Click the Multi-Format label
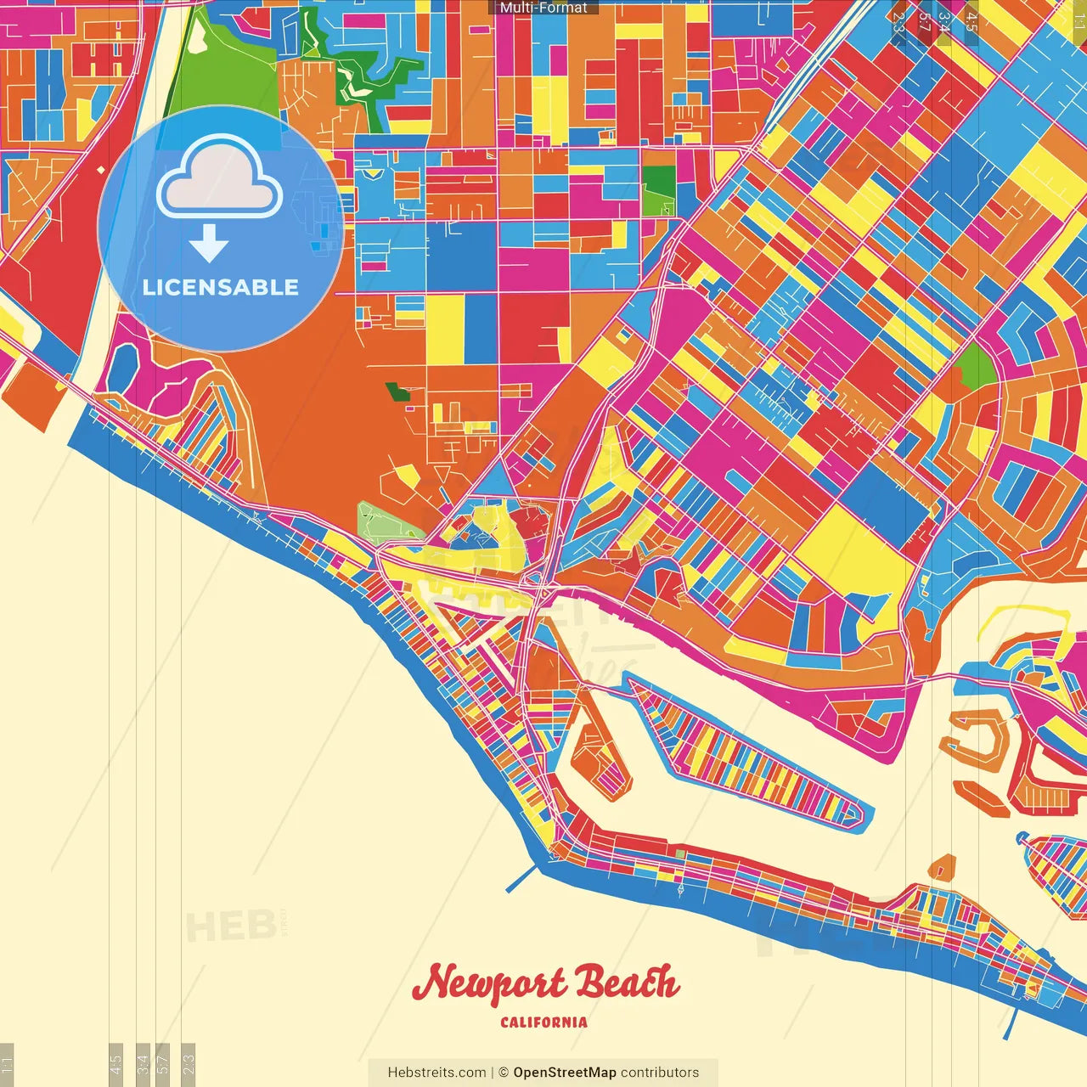[543, 8]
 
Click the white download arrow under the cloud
[209, 244]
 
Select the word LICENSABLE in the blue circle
[221, 287]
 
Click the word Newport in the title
[489, 984]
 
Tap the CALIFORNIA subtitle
[543, 1022]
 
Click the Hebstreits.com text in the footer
[436, 1073]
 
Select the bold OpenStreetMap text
[565, 1073]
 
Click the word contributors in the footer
[660, 1073]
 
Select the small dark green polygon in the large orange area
[397, 391]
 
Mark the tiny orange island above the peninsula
[942, 867]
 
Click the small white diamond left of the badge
[101, 170]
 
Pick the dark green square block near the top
[658, 180]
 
